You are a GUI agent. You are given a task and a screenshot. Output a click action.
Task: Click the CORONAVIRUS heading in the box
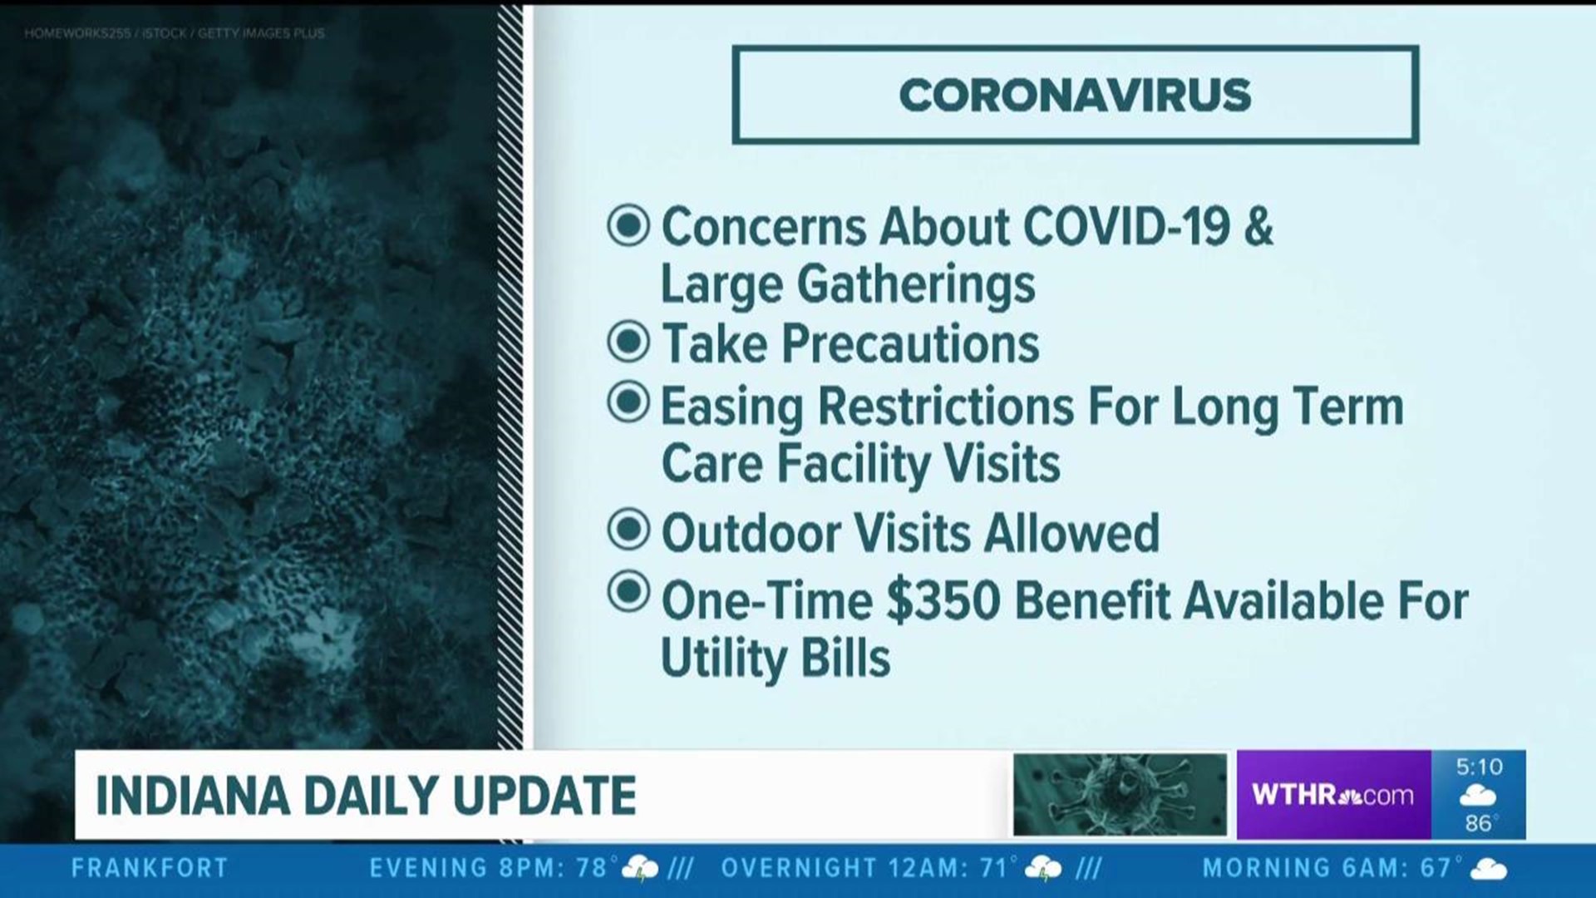click(1075, 95)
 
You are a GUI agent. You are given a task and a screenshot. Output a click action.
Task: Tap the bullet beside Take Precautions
click(628, 341)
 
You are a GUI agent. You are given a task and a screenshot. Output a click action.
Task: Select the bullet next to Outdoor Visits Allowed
click(628, 529)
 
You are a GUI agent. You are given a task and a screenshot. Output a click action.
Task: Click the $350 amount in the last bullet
click(943, 601)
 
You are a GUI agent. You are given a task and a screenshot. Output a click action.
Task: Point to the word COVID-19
click(1126, 226)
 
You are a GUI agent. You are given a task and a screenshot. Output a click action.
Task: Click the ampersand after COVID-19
click(1259, 226)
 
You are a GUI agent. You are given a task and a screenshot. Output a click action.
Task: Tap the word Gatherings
click(916, 285)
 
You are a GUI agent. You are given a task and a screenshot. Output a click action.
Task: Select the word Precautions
click(910, 344)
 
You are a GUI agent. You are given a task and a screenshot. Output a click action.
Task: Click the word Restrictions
click(946, 407)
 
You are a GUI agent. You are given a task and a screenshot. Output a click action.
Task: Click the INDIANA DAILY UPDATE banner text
click(367, 796)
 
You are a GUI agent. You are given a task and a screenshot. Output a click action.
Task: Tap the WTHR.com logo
click(1332, 795)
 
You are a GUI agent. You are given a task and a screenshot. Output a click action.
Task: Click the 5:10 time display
click(1480, 767)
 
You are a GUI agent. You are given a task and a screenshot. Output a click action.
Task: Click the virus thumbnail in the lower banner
click(1120, 795)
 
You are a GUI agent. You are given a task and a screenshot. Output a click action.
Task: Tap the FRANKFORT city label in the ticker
click(150, 869)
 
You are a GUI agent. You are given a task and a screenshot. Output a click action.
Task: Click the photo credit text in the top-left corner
click(175, 33)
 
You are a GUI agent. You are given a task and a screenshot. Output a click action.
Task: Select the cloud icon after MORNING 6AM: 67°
click(1489, 870)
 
